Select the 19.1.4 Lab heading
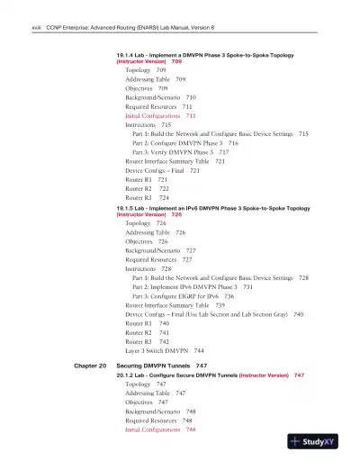tap(207, 56)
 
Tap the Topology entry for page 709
tap(145, 69)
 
